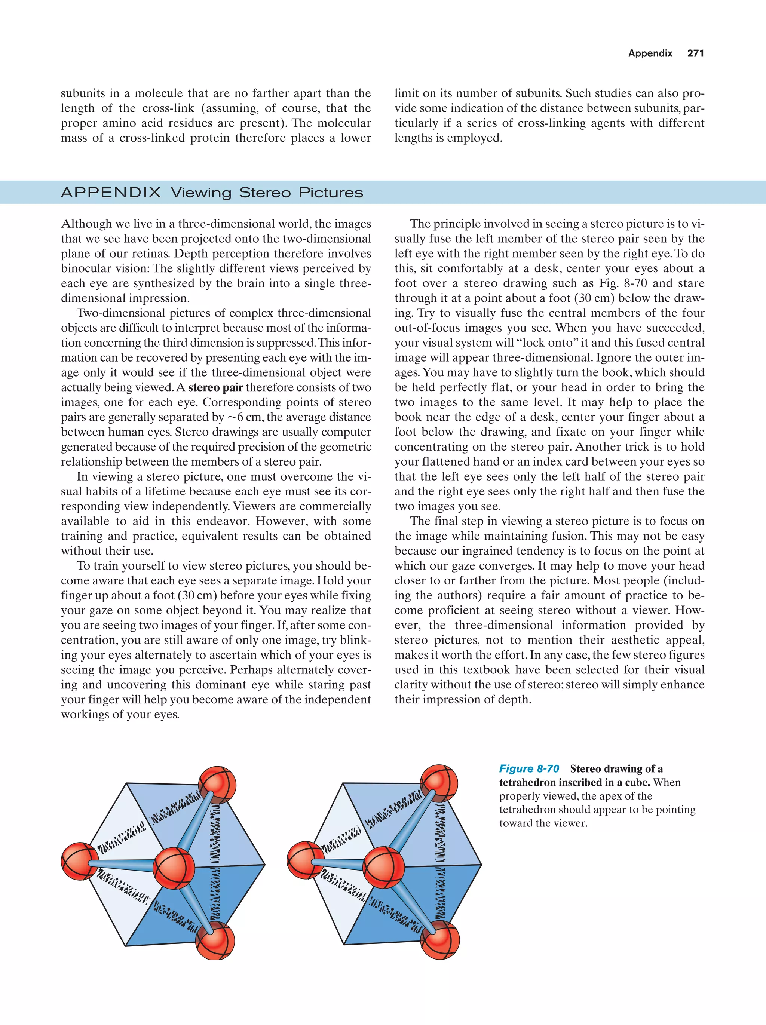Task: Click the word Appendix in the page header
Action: (650, 53)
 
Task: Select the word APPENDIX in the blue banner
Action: (111, 193)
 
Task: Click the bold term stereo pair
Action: (215, 387)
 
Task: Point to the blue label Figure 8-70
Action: (529, 769)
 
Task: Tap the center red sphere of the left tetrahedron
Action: (174, 868)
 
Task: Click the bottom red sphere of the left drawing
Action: (215, 940)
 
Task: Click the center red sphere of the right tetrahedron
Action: (384, 867)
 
